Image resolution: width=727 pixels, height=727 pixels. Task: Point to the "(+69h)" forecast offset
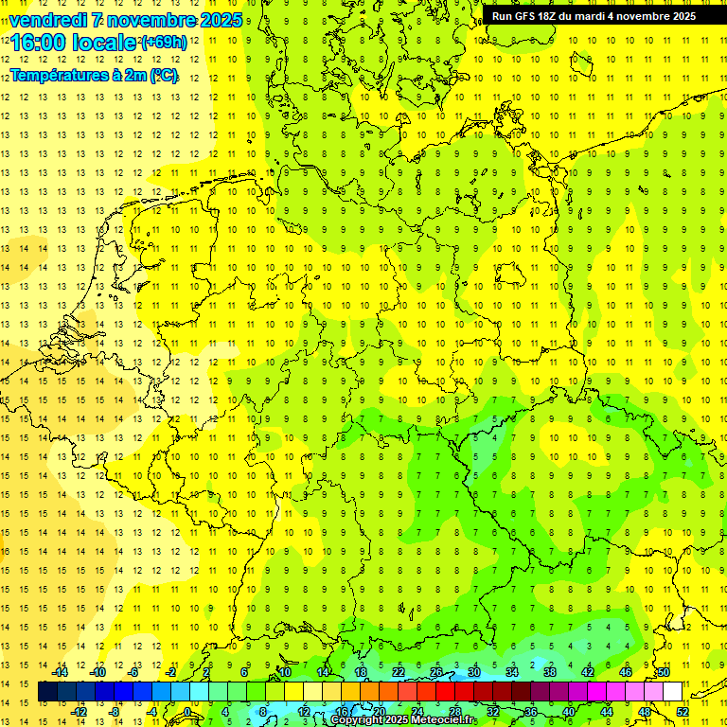(x=164, y=43)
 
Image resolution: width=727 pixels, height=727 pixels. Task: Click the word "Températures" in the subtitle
(x=60, y=75)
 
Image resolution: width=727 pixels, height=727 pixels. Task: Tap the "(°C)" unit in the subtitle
(x=163, y=75)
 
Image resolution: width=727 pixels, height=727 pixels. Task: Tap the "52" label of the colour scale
(x=683, y=712)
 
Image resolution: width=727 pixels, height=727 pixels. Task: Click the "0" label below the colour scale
(x=187, y=712)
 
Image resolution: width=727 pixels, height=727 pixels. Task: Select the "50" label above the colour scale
(x=664, y=672)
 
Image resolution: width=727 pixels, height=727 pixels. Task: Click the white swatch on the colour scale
(x=672, y=692)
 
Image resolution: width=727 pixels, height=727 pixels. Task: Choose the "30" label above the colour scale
(x=473, y=672)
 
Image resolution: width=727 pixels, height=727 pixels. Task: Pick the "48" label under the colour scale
(x=645, y=712)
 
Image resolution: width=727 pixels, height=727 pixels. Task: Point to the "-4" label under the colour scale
(x=151, y=712)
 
